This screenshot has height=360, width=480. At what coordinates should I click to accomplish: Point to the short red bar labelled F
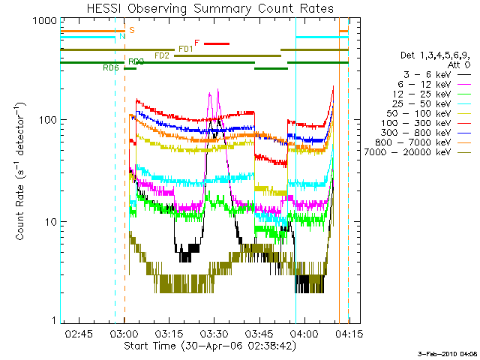216,43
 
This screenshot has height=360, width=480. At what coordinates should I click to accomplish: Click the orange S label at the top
132,30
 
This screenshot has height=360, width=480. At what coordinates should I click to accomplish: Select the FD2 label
161,55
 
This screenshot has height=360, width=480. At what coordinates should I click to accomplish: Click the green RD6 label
110,68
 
